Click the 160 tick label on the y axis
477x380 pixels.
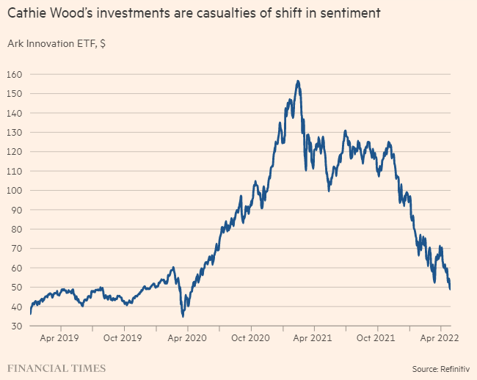[x=16, y=74]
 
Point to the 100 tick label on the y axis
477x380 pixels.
[x=16, y=191]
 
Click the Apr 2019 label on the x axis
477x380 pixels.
[x=59, y=338]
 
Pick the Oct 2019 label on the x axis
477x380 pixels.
[x=123, y=338]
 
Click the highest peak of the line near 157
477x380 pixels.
[x=297, y=81]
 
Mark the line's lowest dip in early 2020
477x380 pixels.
[x=183, y=316]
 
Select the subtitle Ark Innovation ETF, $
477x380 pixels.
[x=57, y=43]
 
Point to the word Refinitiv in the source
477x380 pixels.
[x=454, y=368]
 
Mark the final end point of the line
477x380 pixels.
[x=450, y=289]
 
